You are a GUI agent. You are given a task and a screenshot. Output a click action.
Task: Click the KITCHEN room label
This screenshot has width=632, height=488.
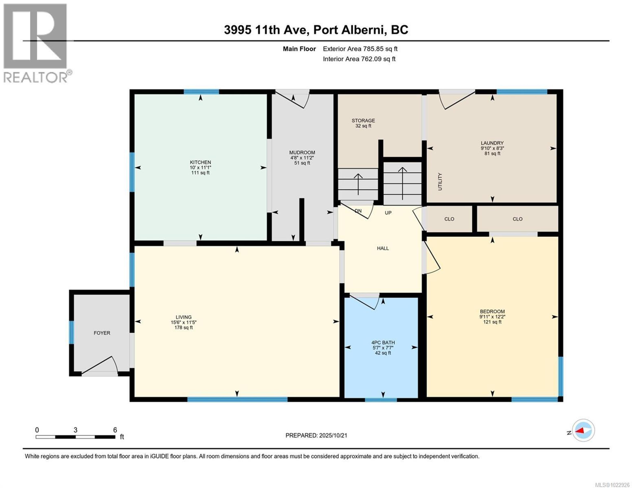(200, 162)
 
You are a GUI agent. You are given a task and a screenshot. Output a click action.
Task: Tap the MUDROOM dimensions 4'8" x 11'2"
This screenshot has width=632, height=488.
(302, 158)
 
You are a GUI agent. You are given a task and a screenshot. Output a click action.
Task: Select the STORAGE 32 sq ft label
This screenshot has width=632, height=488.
(363, 126)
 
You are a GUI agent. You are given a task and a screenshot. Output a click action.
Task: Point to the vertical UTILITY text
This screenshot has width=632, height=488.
(440, 182)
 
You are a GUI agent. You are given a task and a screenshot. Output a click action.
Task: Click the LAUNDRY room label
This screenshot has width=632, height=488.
(492, 143)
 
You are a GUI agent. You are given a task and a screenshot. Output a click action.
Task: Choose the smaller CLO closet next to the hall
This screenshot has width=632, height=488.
(449, 219)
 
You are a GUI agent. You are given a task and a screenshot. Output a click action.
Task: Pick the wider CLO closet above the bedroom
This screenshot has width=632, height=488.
(517, 219)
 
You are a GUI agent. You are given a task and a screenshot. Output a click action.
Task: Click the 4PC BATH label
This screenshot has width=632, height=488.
(383, 342)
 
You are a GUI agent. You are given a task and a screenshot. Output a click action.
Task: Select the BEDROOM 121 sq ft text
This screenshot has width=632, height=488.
(492, 322)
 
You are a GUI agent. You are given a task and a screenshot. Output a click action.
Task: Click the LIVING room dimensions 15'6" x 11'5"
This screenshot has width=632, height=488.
(184, 322)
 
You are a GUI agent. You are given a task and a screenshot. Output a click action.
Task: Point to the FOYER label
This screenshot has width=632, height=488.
(102, 333)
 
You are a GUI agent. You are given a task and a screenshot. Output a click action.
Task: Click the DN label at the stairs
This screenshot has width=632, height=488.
(358, 211)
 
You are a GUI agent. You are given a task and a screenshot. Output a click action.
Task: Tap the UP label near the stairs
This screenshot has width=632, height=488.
(388, 213)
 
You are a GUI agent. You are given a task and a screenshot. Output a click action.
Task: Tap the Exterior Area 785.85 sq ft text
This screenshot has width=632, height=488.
(360, 49)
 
